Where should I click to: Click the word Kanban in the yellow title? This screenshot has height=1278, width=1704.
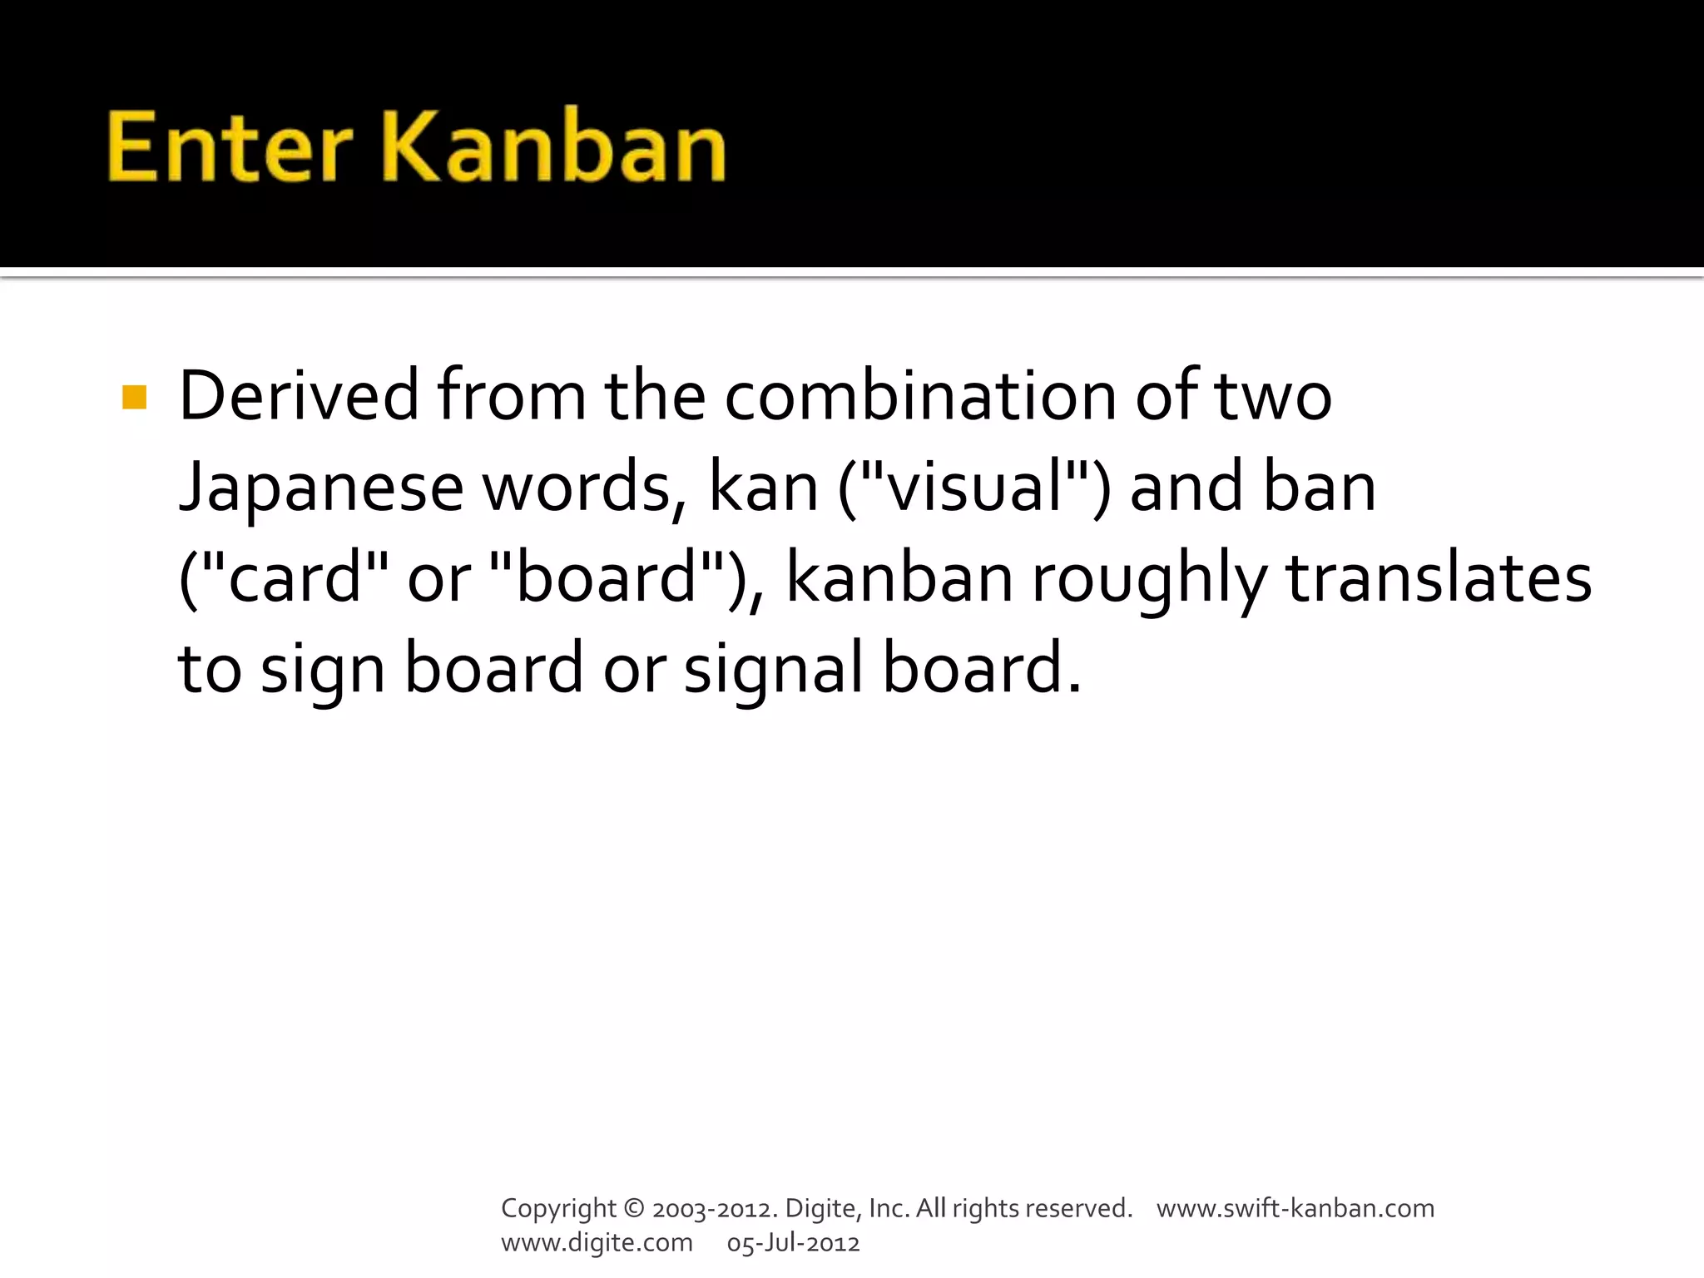[554, 148]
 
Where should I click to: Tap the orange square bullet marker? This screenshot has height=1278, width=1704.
[134, 397]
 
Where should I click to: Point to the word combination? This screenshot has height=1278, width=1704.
[920, 396]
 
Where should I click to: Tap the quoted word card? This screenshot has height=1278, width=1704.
[294, 578]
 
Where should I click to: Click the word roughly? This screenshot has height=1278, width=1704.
[1149, 580]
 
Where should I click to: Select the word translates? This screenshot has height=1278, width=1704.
[1439, 578]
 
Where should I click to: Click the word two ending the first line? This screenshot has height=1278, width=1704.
[1273, 398]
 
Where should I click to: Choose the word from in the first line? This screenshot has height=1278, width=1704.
[512, 396]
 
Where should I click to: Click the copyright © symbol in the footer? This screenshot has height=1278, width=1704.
[633, 1208]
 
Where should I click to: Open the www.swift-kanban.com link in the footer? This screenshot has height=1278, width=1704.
[1295, 1208]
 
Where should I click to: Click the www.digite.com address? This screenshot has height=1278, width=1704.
[597, 1243]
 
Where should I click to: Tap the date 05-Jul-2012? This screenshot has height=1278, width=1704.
[793, 1243]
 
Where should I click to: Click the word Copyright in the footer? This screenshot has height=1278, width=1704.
[558, 1209]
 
